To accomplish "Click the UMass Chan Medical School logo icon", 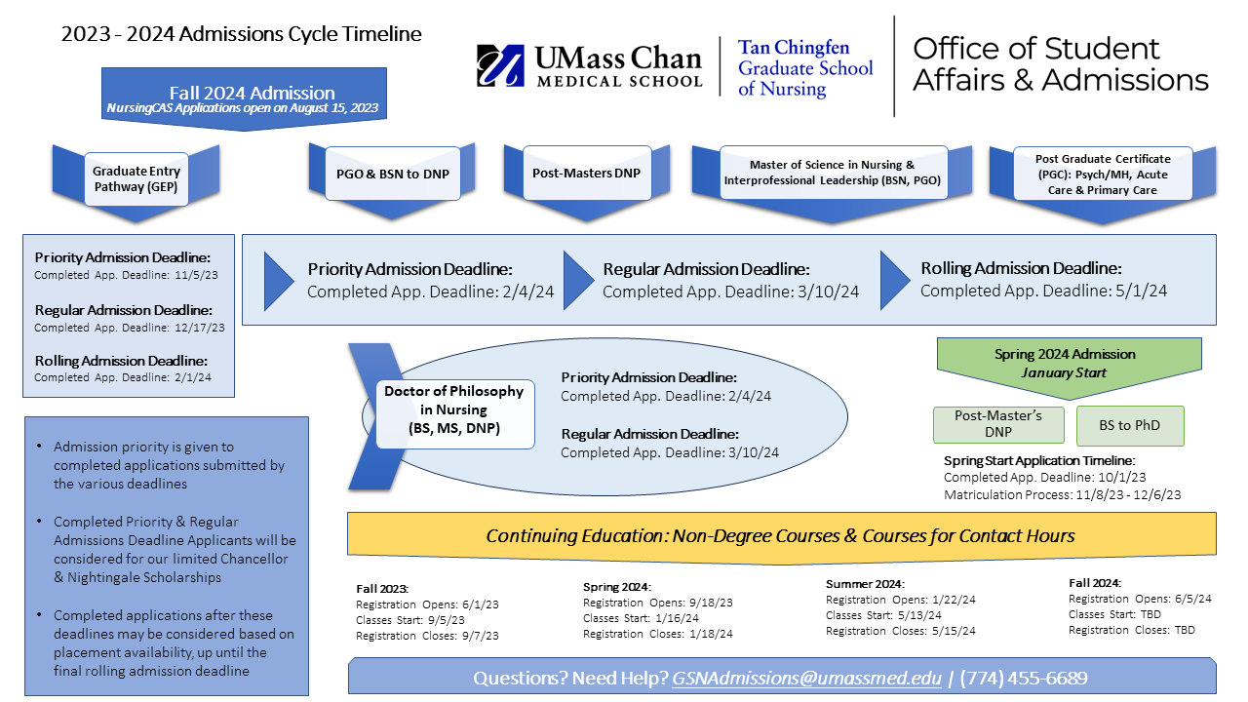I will [500, 66].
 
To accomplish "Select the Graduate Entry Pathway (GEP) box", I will [136, 178].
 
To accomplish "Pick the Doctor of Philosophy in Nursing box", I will [453, 413].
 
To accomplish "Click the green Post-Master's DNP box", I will [998, 425].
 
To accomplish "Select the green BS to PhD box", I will [1130, 425].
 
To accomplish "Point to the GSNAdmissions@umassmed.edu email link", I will [806, 678].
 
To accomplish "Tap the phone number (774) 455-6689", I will [1025, 678].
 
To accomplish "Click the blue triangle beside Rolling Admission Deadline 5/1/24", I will [895, 280].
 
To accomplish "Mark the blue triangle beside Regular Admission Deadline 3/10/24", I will [578, 280].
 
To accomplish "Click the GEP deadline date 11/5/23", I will [198, 275].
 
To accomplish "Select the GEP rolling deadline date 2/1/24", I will [194, 377].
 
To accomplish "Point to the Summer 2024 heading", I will [865, 584].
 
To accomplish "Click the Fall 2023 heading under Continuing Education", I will [382, 589].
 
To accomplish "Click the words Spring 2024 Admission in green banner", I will [1065, 354].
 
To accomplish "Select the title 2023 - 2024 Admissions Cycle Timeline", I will [242, 34].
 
